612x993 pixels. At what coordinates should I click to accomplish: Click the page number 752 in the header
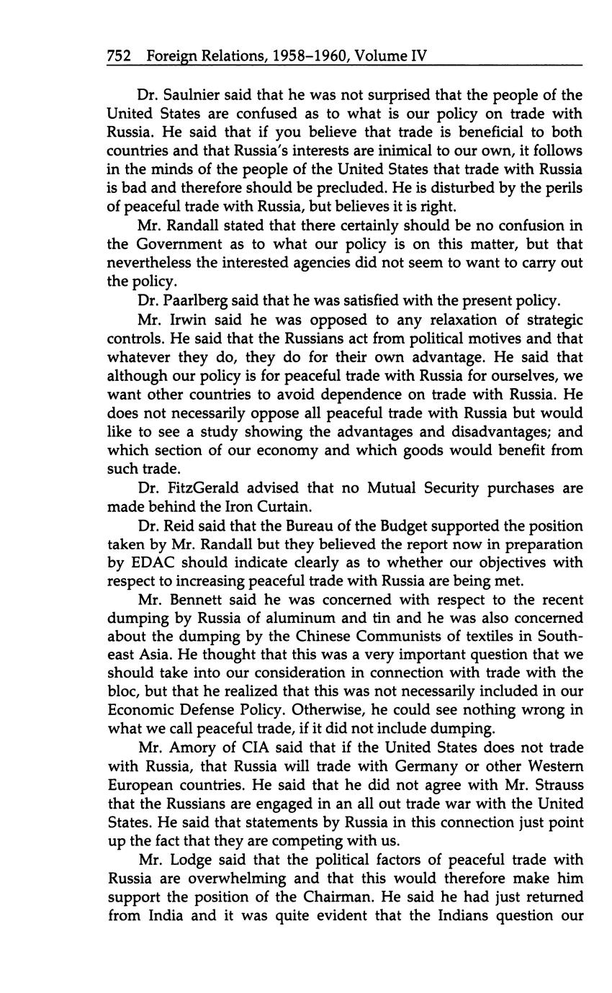[119, 55]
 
